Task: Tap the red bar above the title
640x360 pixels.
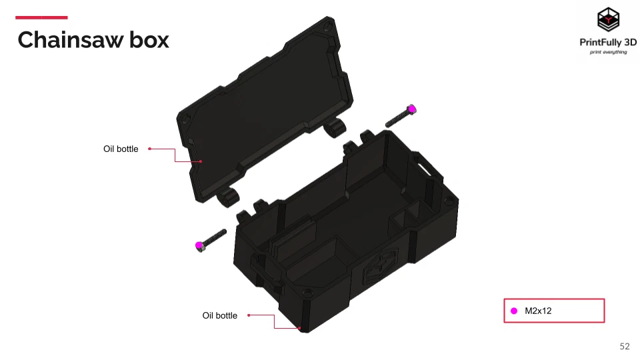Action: point(41,17)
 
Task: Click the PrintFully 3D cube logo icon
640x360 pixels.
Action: point(608,20)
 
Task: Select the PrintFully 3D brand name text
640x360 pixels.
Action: point(608,42)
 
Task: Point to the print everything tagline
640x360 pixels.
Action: point(608,52)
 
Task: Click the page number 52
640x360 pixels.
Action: point(625,346)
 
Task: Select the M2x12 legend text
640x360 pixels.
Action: point(539,311)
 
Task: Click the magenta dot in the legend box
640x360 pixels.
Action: point(514,311)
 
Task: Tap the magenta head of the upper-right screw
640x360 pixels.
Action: point(412,109)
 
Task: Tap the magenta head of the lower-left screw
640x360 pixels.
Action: point(199,246)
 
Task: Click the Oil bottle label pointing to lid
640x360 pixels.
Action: point(121,149)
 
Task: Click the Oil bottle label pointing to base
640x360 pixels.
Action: point(219,315)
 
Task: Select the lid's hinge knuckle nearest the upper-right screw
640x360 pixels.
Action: point(335,127)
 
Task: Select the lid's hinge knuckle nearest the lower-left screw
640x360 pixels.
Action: point(230,196)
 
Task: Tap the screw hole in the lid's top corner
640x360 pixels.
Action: point(327,26)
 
